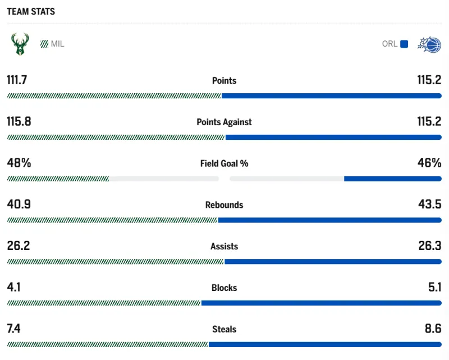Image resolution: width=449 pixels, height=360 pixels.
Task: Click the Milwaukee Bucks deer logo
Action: click(x=20, y=44)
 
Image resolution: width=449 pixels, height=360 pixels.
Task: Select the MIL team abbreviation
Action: click(x=57, y=44)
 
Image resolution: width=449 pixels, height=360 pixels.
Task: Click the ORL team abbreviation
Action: click(x=390, y=44)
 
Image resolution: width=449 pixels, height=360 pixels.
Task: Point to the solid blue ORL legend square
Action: click(x=404, y=44)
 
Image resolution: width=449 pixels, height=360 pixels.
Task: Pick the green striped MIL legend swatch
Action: click(x=44, y=44)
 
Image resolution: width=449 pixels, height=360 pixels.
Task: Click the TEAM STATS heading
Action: click(x=31, y=11)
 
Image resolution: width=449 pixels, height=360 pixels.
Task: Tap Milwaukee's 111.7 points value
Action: click(x=17, y=80)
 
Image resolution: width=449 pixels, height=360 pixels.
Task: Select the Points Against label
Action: click(x=224, y=122)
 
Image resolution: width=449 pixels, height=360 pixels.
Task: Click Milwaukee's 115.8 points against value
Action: click(x=19, y=121)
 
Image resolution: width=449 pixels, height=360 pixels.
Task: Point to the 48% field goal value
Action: click(x=19, y=163)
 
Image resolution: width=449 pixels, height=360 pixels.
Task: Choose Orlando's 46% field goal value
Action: click(x=429, y=163)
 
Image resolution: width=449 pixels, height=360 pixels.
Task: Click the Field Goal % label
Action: click(x=224, y=163)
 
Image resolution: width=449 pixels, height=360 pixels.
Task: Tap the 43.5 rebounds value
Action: click(x=429, y=204)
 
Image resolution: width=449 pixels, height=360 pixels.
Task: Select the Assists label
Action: click(x=224, y=247)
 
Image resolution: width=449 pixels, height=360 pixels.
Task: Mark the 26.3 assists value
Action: click(x=429, y=246)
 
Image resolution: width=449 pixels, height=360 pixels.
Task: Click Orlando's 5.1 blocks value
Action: click(x=434, y=288)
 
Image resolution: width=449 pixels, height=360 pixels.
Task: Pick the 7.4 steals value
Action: click(x=13, y=329)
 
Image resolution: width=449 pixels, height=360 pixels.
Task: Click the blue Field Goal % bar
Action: click(x=392, y=179)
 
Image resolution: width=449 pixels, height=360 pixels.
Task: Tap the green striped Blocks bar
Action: click(x=104, y=303)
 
